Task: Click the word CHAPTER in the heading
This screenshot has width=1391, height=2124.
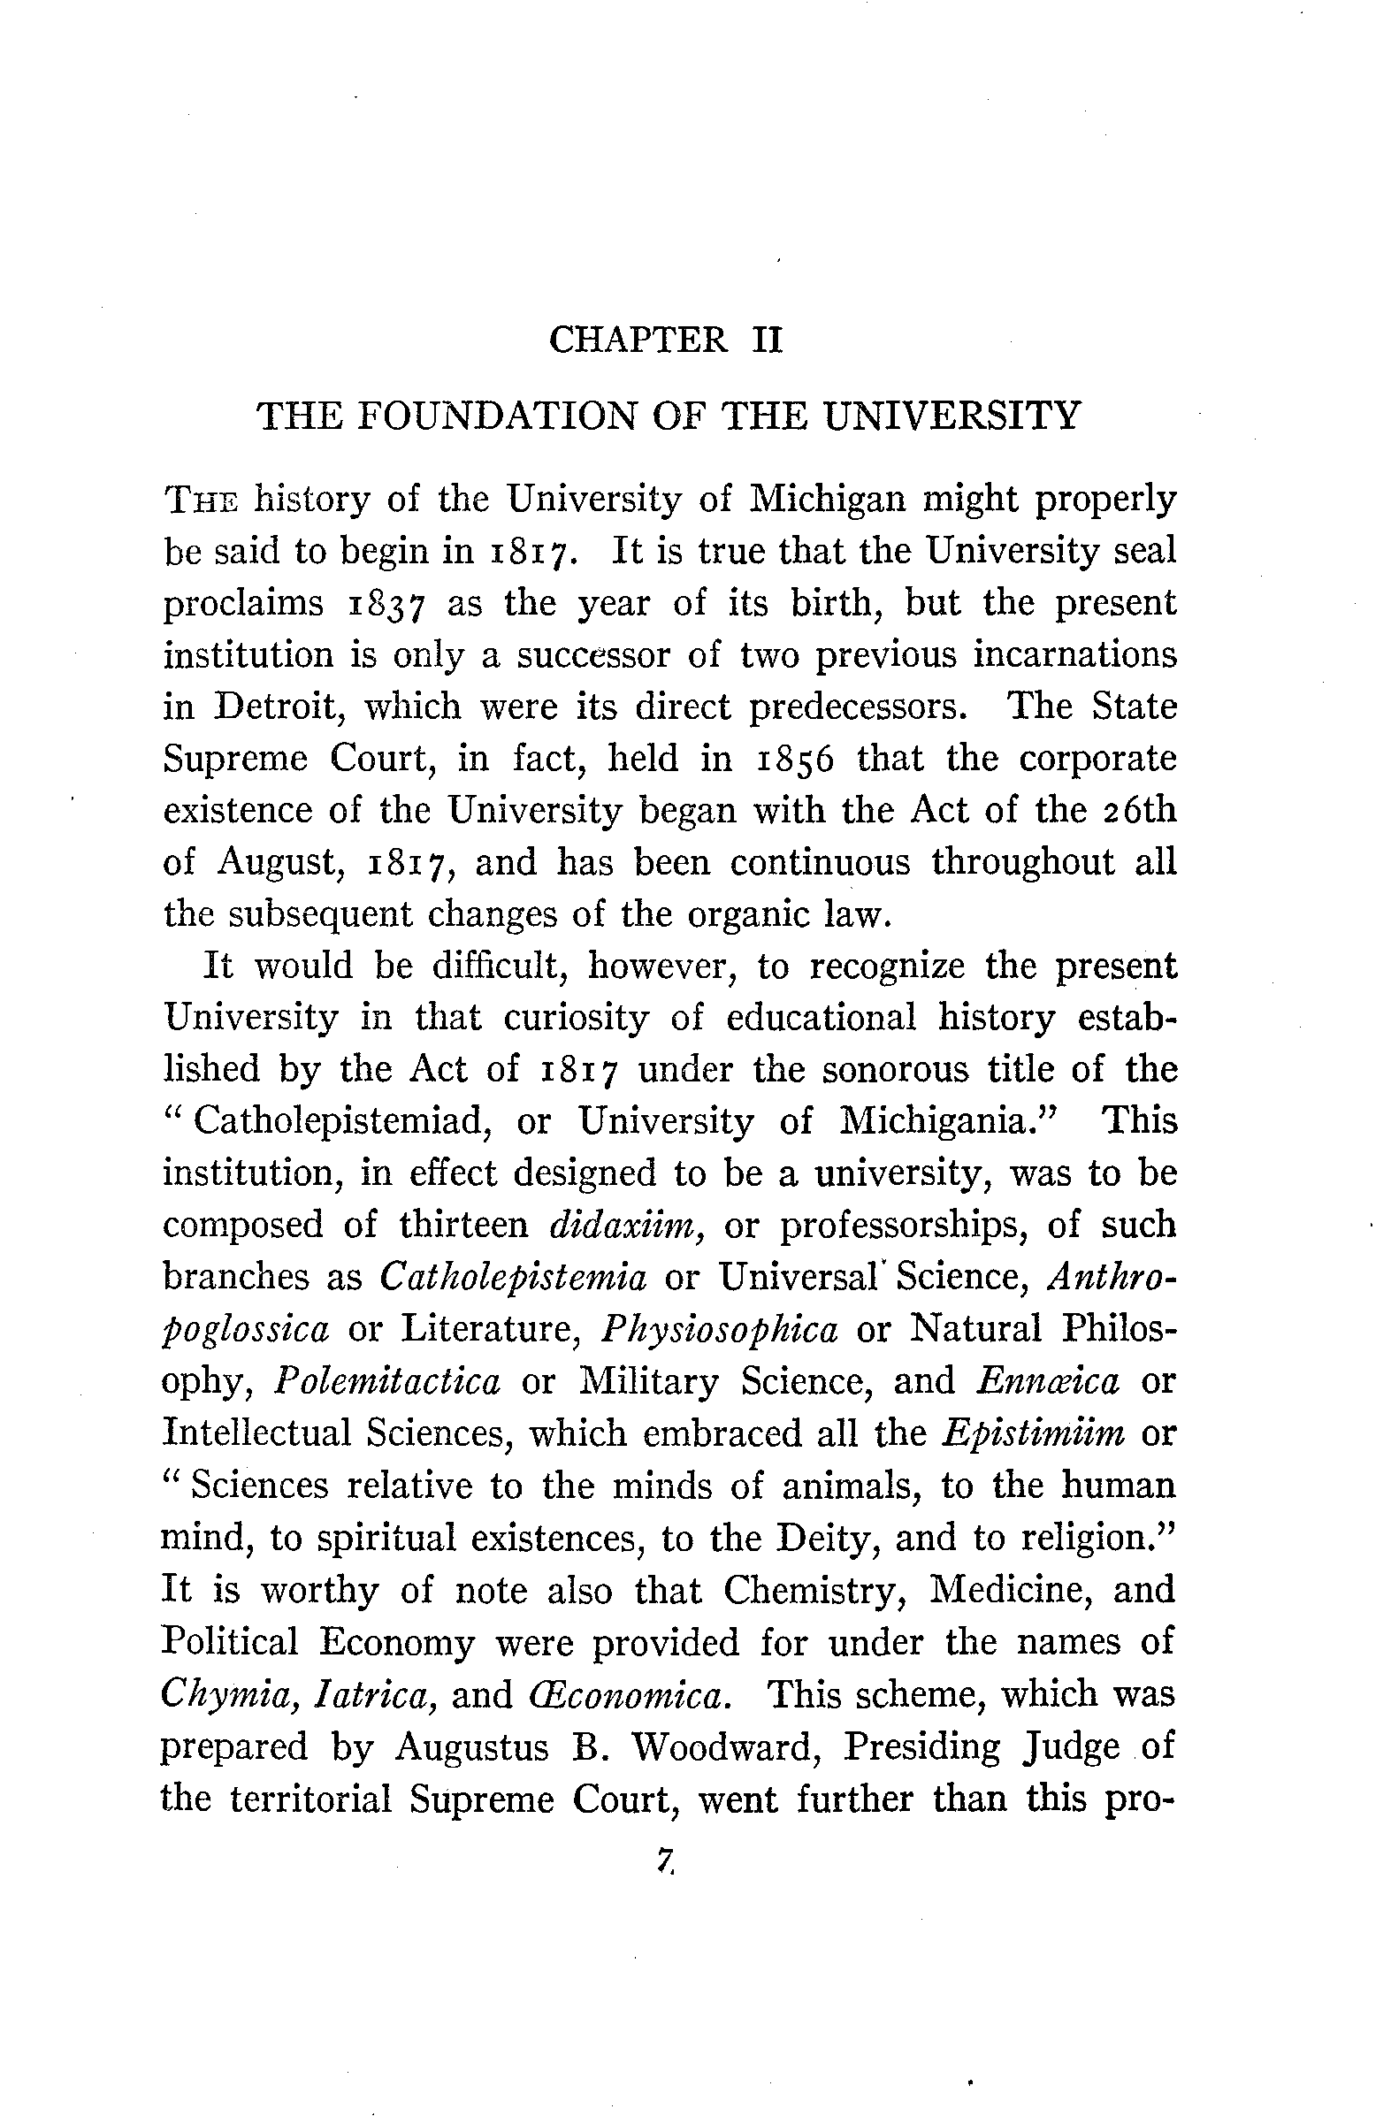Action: (x=638, y=341)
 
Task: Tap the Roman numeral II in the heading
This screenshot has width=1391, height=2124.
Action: (x=767, y=341)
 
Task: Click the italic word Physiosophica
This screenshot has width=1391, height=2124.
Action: (x=719, y=1329)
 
